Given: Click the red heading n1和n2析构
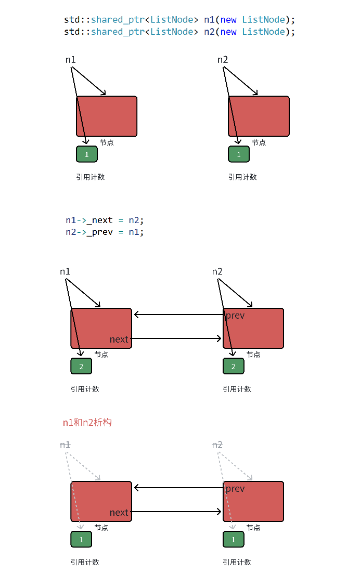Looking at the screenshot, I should point(87,422).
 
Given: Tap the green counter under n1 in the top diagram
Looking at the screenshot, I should point(87,154).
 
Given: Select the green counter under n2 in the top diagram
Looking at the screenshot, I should point(239,154).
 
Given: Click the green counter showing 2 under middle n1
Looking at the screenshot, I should point(81,366).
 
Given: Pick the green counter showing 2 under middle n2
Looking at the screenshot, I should point(233,366).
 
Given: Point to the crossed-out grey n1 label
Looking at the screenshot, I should point(65,445).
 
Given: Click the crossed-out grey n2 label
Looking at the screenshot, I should point(217,445).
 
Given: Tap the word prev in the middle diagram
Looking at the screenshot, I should point(235,316).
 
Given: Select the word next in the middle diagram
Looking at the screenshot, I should point(119,339).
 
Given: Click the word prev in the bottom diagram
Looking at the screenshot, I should point(235,489).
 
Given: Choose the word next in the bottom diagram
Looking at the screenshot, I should point(119,513).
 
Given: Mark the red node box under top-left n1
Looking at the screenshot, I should point(107,116).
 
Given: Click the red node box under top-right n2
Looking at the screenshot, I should point(259,116).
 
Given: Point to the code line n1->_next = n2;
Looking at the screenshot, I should point(105,220).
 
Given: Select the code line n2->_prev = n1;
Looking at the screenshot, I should point(105,232).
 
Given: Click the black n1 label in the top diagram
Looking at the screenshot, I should point(70,60).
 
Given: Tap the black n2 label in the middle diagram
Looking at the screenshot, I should point(217,272).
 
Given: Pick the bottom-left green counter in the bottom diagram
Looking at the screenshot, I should point(81,540).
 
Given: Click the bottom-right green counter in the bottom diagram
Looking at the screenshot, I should point(233,540).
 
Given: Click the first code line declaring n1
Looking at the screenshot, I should point(179,20).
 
